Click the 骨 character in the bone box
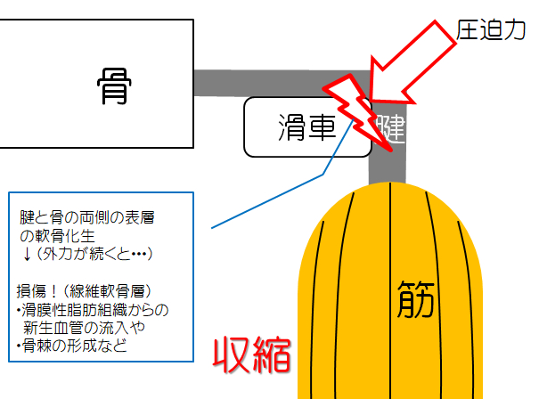point(114,85)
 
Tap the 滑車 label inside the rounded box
point(307,127)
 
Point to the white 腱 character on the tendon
point(390,129)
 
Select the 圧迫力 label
point(491,30)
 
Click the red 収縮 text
point(251,355)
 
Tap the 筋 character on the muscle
point(415,299)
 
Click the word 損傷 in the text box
point(31,291)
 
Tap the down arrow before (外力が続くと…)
point(27,255)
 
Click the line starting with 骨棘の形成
point(71,346)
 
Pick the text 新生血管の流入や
point(84,328)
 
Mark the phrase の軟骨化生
point(57,236)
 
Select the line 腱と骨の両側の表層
point(87,217)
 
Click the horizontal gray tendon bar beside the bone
point(282,83)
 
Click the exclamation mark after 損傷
point(53,291)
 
